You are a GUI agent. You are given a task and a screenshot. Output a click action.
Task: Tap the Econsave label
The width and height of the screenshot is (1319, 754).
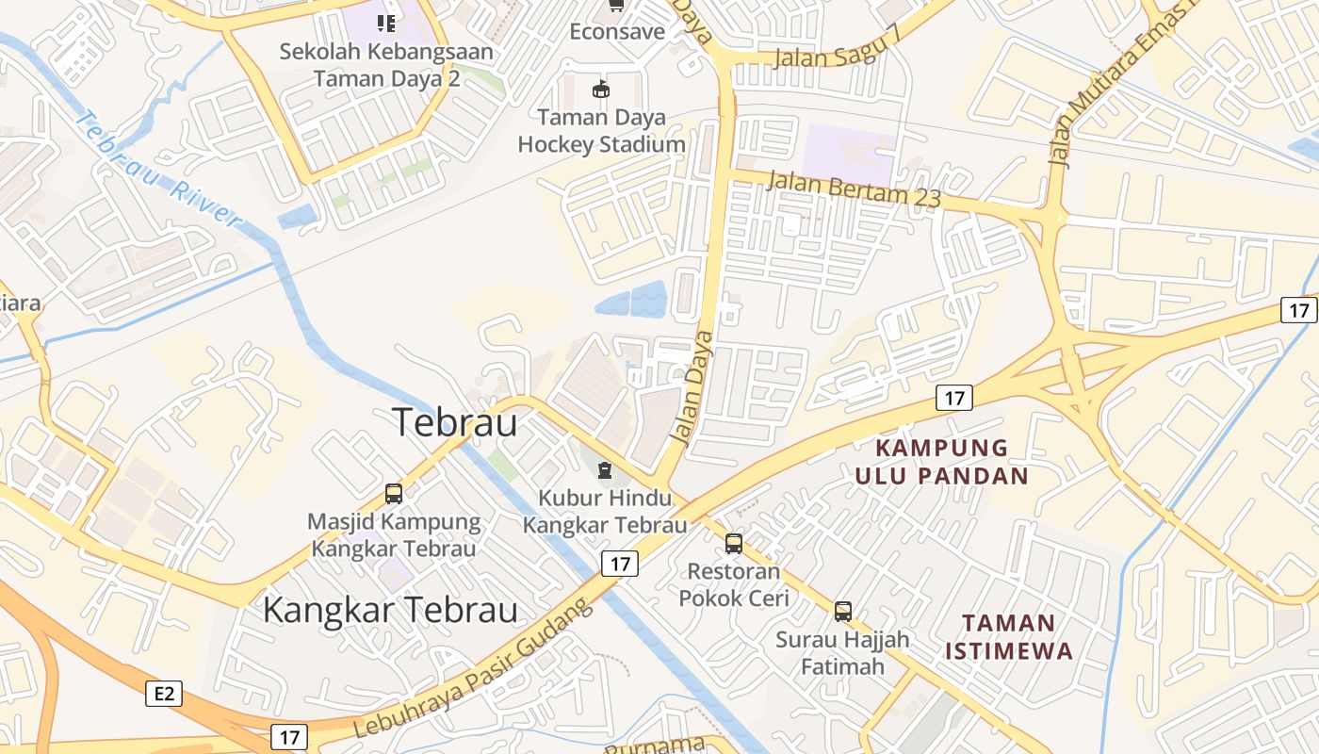click(x=617, y=32)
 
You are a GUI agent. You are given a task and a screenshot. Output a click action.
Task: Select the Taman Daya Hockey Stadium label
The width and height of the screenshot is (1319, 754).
click(x=601, y=131)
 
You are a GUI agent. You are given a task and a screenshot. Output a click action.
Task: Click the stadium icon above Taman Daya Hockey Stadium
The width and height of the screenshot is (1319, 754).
click(x=600, y=90)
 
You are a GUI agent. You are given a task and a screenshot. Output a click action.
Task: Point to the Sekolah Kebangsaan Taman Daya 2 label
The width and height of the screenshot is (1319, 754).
click(x=386, y=64)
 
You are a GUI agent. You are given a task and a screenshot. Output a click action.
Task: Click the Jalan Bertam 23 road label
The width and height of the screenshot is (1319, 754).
click(x=854, y=188)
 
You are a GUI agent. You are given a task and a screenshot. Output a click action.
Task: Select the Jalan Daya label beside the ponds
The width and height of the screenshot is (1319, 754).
click(x=692, y=386)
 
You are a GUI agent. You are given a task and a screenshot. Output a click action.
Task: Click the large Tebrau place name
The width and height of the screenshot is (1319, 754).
click(x=454, y=422)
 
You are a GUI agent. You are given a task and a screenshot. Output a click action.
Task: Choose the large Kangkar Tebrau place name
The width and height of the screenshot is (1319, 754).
click(x=390, y=610)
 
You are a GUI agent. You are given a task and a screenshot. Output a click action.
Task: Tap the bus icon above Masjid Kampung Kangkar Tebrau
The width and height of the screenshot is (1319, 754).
click(x=394, y=493)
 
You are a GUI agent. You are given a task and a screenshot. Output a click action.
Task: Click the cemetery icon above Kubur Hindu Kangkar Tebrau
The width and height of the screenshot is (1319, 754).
click(x=604, y=468)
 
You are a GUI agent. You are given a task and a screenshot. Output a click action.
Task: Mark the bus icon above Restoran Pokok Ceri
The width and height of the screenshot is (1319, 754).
click(x=733, y=543)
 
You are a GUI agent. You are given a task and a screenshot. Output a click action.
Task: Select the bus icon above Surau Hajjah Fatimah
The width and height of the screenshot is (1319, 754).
click(x=843, y=611)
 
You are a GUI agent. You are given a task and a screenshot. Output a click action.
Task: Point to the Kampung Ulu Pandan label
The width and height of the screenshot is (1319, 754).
click(x=941, y=461)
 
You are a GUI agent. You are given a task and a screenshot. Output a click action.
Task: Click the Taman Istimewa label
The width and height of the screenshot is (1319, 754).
click(x=1009, y=636)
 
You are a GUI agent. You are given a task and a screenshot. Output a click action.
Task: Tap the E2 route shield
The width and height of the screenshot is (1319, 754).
click(x=164, y=695)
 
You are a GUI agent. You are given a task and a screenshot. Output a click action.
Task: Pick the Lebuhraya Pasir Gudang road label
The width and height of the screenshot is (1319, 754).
click(x=474, y=668)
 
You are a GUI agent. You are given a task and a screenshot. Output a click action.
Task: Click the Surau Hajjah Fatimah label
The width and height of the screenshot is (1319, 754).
click(x=843, y=653)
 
